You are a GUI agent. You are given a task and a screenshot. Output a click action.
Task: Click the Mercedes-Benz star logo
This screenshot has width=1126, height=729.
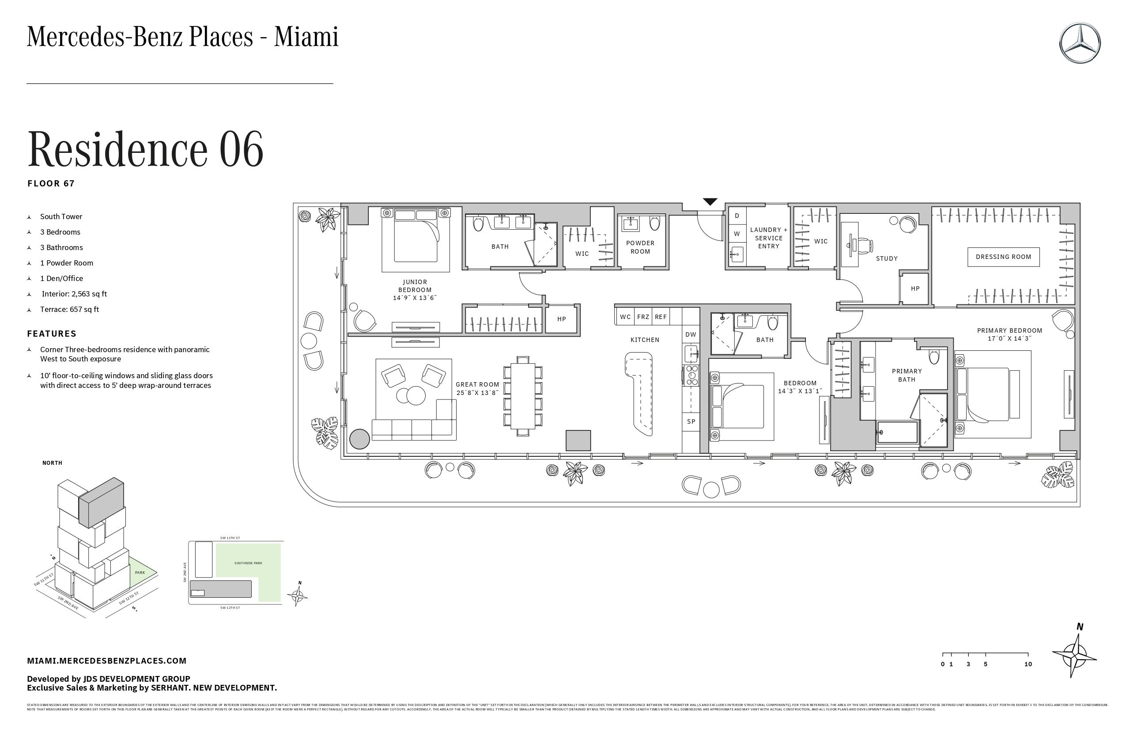[1080, 42]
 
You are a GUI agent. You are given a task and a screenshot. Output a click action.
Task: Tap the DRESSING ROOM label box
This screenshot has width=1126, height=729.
[1003, 257]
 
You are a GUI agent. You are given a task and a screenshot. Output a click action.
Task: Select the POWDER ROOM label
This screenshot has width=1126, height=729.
[640, 247]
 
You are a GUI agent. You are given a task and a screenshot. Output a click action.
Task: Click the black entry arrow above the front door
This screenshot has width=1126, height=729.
[710, 201]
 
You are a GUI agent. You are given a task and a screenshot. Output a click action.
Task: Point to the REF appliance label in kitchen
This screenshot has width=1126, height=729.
[661, 317]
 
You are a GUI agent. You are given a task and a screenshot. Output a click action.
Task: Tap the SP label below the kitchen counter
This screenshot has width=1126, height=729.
[691, 422]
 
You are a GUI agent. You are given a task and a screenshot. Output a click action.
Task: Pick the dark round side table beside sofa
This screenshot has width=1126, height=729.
[359, 439]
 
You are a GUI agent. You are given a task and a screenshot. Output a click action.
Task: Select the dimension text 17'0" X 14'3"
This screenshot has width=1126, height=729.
[1009, 338]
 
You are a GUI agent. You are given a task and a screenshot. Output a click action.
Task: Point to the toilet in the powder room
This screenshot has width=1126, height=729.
[655, 224]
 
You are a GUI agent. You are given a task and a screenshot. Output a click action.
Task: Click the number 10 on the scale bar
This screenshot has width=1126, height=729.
[1028, 664]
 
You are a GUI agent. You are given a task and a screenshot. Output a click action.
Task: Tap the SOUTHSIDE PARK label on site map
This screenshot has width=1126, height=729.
[248, 563]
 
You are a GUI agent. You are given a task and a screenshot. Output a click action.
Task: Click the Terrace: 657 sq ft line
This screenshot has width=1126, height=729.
[70, 310]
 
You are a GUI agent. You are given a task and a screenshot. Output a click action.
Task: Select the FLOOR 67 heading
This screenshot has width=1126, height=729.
[51, 184]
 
